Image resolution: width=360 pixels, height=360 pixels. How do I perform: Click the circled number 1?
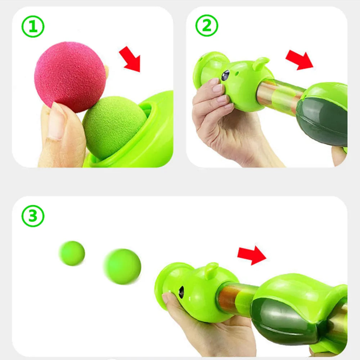[33, 27]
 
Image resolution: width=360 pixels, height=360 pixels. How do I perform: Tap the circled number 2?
[207, 26]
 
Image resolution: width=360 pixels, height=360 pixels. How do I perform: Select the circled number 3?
[33, 216]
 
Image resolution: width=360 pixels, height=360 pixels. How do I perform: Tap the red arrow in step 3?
[252, 255]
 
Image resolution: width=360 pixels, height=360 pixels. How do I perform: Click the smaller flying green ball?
[72, 253]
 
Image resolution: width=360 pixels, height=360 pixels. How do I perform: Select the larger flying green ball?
[122, 266]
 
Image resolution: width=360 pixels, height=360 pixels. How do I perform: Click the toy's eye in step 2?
[225, 75]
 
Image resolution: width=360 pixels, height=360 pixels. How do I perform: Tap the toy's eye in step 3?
[181, 292]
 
